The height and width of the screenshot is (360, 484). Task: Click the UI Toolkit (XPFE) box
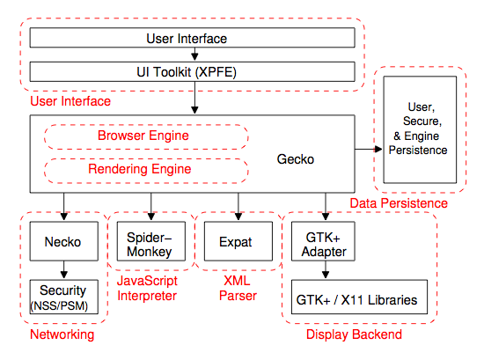click(x=193, y=71)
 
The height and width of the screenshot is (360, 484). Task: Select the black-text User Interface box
click(x=193, y=38)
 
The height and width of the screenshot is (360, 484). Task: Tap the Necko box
click(x=64, y=241)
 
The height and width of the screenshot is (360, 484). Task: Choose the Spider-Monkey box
click(x=151, y=241)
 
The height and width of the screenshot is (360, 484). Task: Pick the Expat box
click(x=238, y=241)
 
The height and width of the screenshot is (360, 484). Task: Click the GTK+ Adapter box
click(x=323, y=241)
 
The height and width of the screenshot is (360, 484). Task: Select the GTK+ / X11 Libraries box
click(x=359, y=297)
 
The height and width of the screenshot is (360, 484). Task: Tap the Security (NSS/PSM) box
click(x=64, y=297)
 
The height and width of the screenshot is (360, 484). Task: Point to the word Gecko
click(x=296, y=159)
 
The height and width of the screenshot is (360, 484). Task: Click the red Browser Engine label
click(x=143, y=136)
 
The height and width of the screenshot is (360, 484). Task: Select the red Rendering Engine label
click(x=140, y=169)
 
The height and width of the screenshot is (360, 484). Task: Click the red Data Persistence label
click(x=399, y=203)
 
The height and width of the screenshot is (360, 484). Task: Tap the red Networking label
click(x=62, y=334)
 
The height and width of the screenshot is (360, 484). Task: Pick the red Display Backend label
click(x=354, y=334)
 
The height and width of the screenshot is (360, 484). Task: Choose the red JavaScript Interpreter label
click(x=147, y=289)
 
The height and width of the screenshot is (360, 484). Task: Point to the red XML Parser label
click(x=238, y=289)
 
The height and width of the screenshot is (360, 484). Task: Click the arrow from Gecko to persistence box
click(x=369, y=149)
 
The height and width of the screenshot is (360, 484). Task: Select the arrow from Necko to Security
click(x=64, y=270)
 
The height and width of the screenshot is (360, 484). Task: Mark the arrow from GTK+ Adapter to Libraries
click(x=326, y=270)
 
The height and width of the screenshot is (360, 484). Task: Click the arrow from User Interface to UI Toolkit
click(x=194, y=55)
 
